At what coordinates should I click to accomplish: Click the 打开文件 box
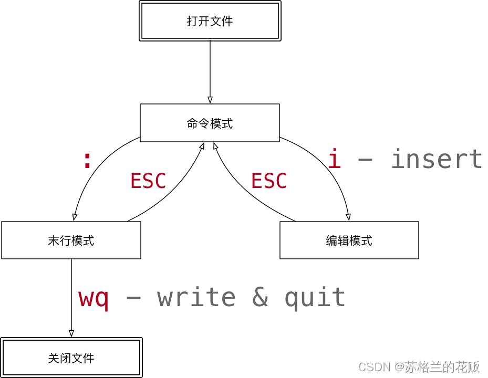(210, 21)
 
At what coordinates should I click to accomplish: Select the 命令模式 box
(210, 123)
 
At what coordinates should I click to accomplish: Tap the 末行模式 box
(71, 240)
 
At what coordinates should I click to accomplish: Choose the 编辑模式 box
(349, 240)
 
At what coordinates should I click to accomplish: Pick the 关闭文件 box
(71, 358)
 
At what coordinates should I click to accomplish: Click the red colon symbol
(87, 160)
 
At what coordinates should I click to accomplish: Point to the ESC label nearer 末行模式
(148, 181)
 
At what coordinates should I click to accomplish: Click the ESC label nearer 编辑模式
(269, 181)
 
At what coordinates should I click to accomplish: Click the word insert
(437, 159)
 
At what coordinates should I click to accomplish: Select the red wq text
(94, 298)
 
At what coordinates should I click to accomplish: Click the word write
(196, 298)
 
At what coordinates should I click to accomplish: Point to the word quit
(315, 298)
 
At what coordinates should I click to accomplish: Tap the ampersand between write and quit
(260, 298)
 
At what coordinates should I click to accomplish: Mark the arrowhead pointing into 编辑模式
(348, 217)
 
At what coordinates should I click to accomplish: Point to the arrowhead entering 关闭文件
(71, 333)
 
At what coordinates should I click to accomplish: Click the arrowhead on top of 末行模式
(75, 217)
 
